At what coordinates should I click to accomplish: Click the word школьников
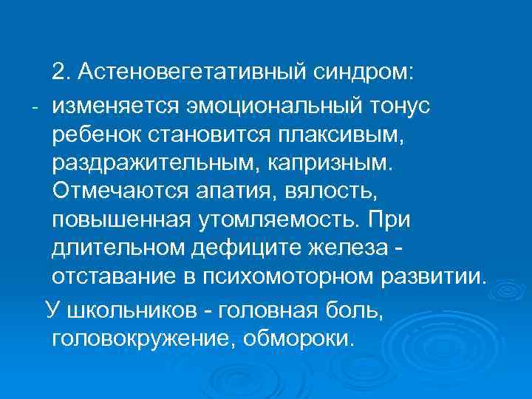[x=134, y=309]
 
